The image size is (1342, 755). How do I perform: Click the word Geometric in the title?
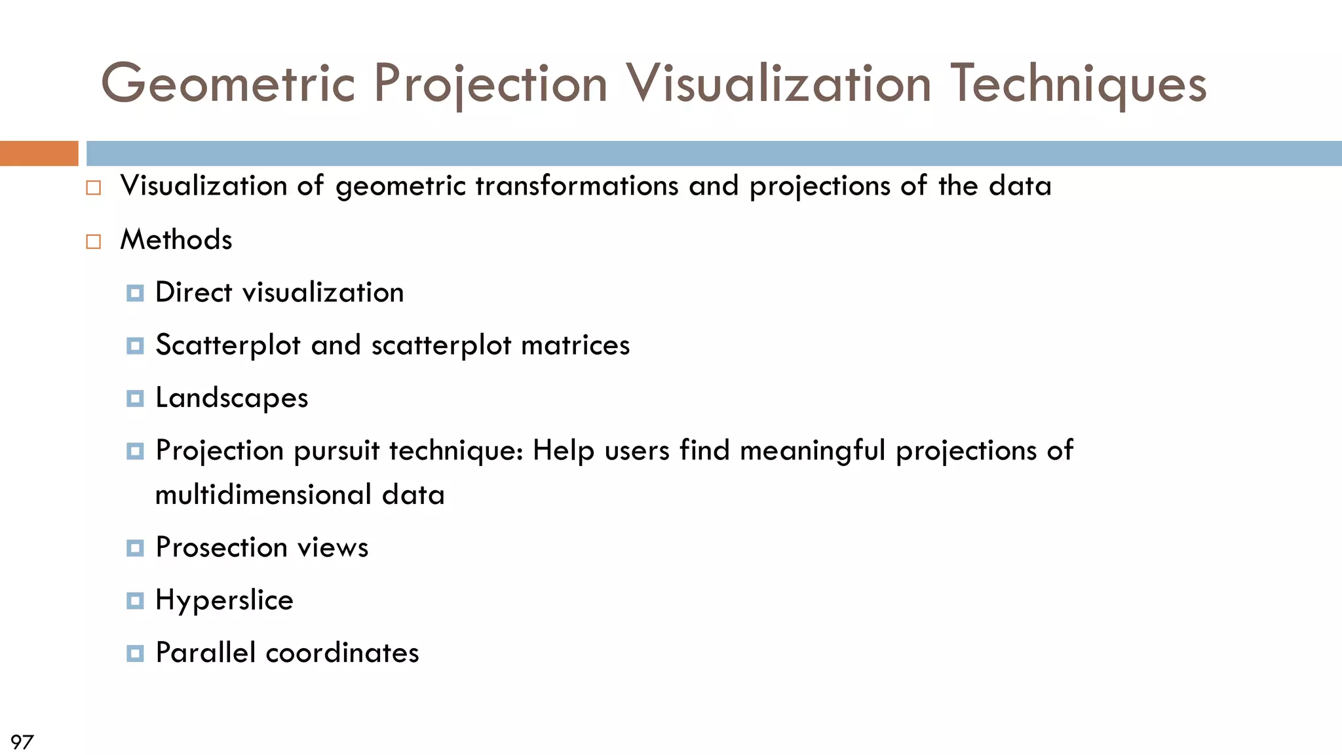pyautogui.click(x=228, y=84)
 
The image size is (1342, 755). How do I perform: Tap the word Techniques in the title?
pyautogui.click(x=1078, y=84)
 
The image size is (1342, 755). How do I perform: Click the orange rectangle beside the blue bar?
pyautogui.click(x=39, y=153)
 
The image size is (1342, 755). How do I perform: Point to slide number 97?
pyautogui.click(x=22, y=742)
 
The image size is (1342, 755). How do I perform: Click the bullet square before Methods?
pyautogui.click(x=94, y=242)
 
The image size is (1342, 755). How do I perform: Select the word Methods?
pyautogui.click(x=176, y=240)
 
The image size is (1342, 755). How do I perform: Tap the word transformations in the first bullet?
pyautogui.click(x=577, y=186)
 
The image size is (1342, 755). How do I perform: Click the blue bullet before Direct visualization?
pyautogui.click(x=135, y=293)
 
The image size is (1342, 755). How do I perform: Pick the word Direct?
pyautogui.click(x=193, y=292)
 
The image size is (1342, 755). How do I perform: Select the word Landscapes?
pyautogui.click(x=231, y=398)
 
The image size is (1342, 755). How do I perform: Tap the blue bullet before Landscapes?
pyautogui.click(x=135, y=398)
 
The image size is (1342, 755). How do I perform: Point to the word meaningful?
pyautogui.click(x=812, y=452)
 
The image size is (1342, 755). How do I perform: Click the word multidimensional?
pyautogui.click(x=263, y=495)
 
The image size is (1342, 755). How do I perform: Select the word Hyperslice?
pyautogui.click(x=224, y=601)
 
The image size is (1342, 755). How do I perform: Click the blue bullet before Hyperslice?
pyautogui.click(x=135, y=600)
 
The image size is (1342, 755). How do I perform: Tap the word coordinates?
pyautogui.click(x=342, y=653)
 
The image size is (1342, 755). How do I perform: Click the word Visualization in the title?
pyautogui.click(x=778, y=84)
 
